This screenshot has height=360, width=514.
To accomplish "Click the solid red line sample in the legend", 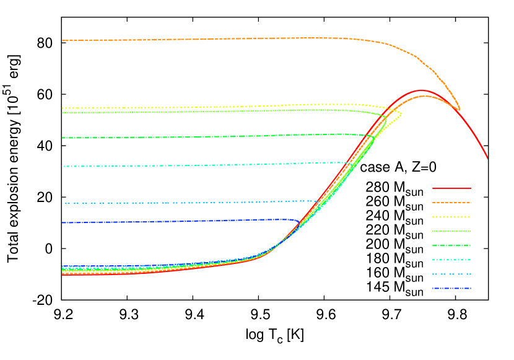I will click(451, 188).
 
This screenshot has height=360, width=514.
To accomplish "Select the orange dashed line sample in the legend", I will click(451, 203).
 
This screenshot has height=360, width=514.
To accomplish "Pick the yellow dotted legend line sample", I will click(451, 217).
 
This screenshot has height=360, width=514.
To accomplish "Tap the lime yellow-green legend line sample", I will click(451, 231).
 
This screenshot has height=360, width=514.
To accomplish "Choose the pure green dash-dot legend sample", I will click(451, 245).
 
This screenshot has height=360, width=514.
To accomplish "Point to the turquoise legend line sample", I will click(451, 260).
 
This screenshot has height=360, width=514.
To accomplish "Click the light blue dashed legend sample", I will click(451, 274).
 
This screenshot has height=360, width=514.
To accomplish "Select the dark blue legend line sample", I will click(451, 289).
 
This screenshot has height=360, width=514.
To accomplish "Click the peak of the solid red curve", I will click(421, 90).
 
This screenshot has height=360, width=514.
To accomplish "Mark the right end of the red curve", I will click(487, 158).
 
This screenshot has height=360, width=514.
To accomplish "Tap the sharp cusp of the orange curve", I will click(459, 110).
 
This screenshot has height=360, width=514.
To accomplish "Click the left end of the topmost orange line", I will click(63, 40).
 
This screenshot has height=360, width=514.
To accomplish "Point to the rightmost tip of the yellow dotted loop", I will click(401, 113).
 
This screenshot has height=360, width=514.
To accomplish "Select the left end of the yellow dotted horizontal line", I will click(63, 108).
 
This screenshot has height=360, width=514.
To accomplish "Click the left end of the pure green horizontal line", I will click(63, 138).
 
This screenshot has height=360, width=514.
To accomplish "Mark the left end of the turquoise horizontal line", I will click(64, 166).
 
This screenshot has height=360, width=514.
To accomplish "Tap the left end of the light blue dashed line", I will click(66, 203).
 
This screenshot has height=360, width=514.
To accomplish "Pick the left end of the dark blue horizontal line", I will click(63, 222).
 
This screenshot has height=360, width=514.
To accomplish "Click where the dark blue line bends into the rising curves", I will click(299, 221).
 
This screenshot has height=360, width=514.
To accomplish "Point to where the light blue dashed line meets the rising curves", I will click(318, 201).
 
